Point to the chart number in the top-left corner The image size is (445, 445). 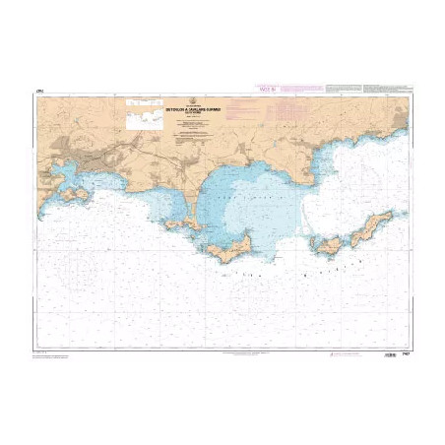(x=38, y=93)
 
